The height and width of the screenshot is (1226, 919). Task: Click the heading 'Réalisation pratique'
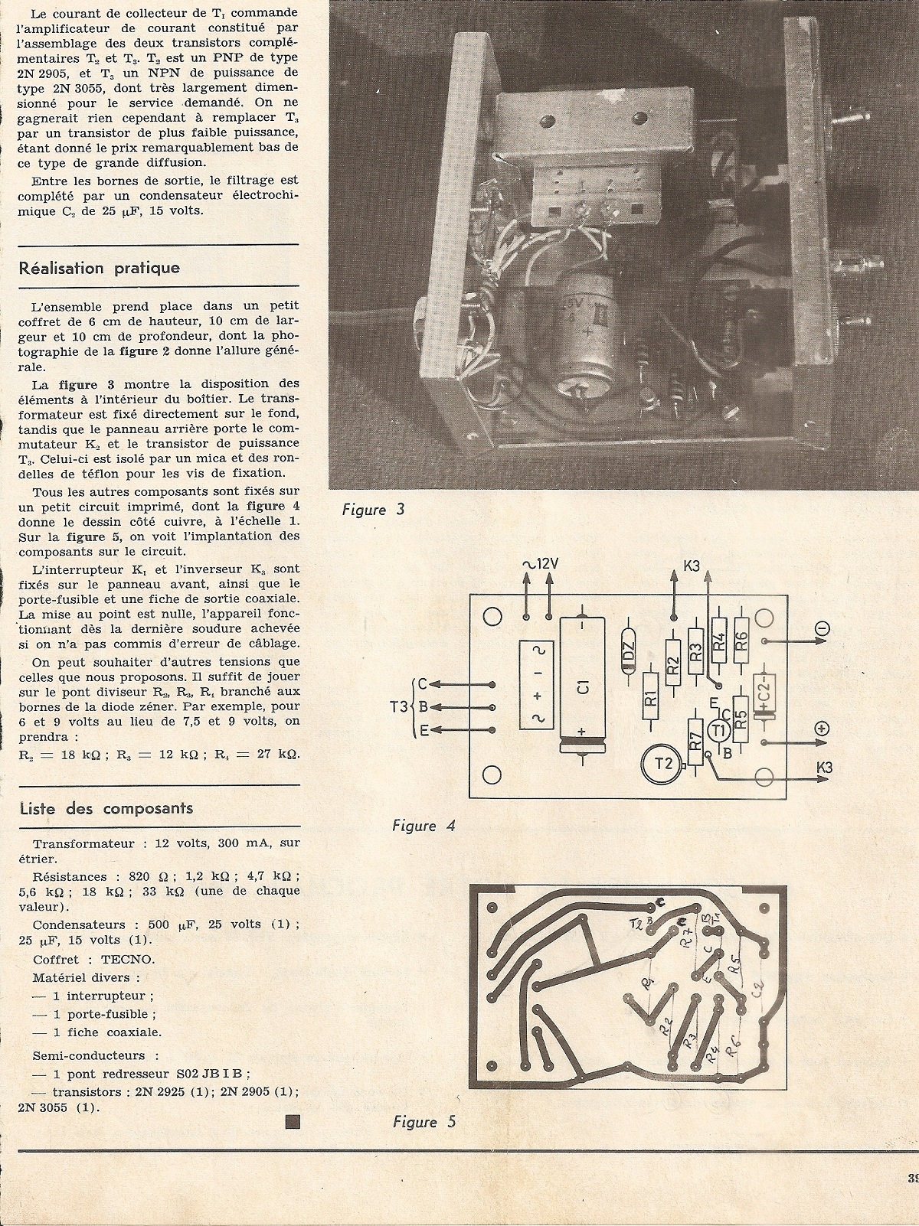(x=100, y=268)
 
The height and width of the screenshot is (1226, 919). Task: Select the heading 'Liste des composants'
(x=106, y=808)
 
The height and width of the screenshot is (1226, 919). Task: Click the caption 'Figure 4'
(x=424, y=826)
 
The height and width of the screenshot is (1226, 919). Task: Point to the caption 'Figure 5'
(x=424, y=1122)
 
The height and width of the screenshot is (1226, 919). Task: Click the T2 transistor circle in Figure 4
(x=660, y=764)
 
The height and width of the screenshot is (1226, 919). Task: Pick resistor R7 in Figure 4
(x=695, y=742)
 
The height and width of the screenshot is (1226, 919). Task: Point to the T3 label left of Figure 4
(x=395, y=708)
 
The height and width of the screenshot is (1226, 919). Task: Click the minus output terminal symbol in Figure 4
(x=823, y=629)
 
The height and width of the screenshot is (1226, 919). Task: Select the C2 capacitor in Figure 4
(x=764, y=696)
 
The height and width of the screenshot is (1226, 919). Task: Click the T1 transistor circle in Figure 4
(x=718, y=731)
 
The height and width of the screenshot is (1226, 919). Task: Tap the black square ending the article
(x=292, y=1122)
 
